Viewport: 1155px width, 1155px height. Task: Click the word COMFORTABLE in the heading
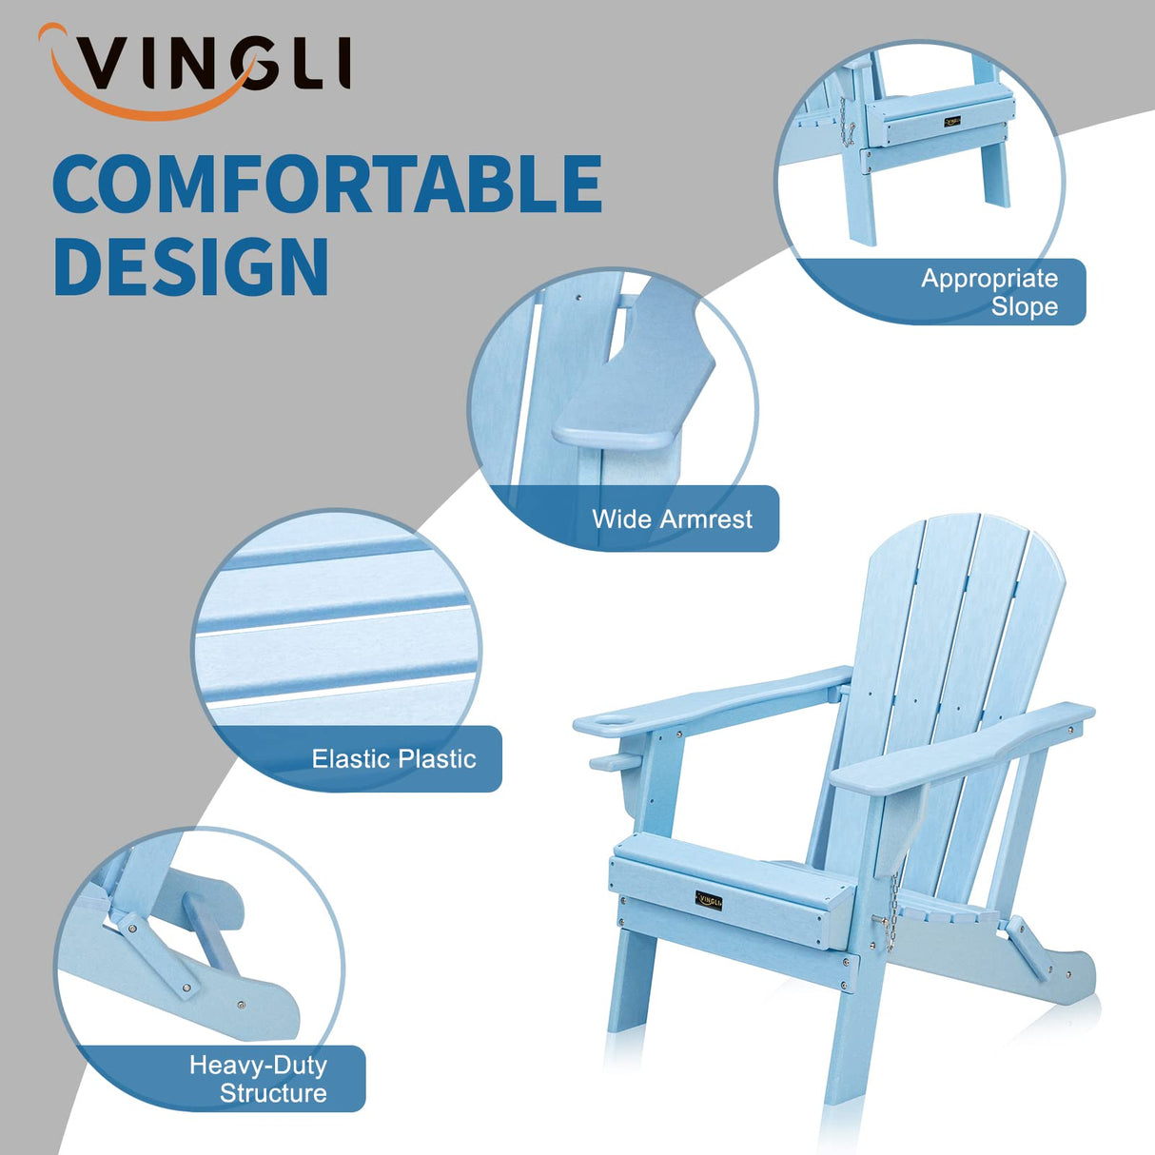pyautogui.click(x=327, y=185)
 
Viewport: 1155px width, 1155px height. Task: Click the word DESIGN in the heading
pyautogui.click(x=191, y=267)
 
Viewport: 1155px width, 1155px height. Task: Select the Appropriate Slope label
pyautogui.click(x=989, y=292)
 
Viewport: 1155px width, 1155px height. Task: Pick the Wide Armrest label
pyautogui.click(x=672, y=519)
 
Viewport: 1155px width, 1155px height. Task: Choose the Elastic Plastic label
pyautogui.click(x=394, y=759)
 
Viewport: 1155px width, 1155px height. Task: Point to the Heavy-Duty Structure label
pyautogui.click(x=258, y=1079)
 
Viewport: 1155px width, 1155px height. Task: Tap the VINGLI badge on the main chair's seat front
pyautogui.click(x=709, y=899)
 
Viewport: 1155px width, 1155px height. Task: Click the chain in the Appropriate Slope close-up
pyautogui.click(x=845, y=125)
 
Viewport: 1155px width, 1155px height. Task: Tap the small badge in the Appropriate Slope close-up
pyautogui.click(x=952, y=122)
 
